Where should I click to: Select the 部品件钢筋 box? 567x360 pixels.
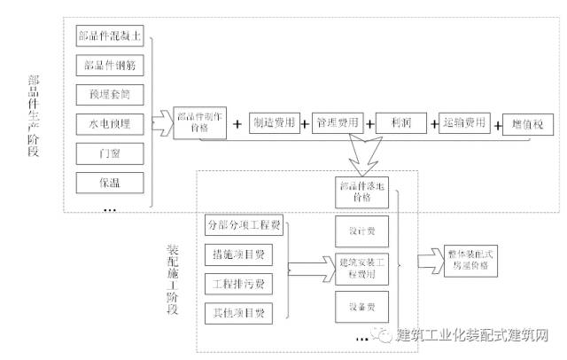pos(109,66)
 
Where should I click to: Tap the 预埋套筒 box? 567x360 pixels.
pos(109,94)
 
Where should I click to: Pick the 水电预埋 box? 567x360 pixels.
pos(109,123)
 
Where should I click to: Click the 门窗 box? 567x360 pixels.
pos(109,153)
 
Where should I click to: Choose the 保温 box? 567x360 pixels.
pos(109,181)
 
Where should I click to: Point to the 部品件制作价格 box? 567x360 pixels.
pos(200,124)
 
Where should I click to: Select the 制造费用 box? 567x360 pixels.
pos(273,124)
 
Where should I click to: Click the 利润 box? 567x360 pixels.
pos(401,124)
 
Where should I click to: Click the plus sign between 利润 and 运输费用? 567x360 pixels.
pos(433,124)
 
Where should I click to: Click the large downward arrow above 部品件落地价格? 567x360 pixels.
pos(367,160)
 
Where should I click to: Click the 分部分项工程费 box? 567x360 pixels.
pos(243,224)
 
